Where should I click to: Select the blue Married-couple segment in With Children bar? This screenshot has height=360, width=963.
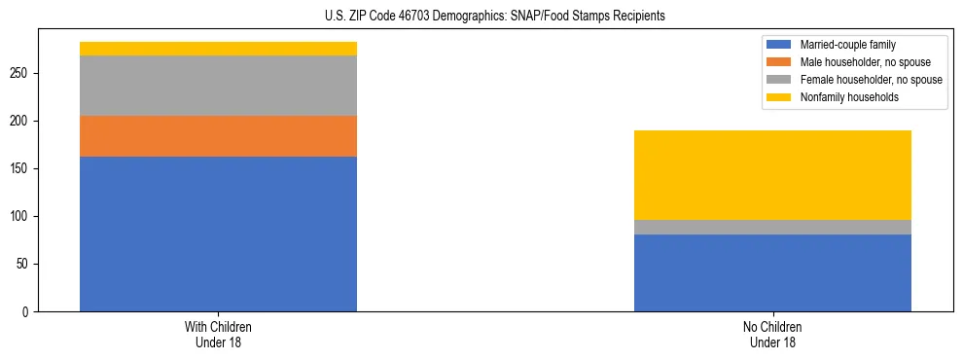pyautogui.click(x=218, y=234)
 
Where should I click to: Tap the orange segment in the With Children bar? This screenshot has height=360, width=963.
pyautogui.click(x=218, y=136)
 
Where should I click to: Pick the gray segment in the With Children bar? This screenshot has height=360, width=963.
pyautogui.click(x=218, y=86)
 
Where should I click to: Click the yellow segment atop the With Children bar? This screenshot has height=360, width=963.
pyautogui.click(x=218, y=49)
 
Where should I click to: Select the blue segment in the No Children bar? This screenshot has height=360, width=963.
pyautogui.click(x=772, y=272)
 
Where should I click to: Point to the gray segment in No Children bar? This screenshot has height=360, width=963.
pyautogui.click(x=772, y=227)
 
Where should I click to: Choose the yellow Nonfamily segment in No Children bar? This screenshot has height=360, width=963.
pyautogui.click(x=772, y=175)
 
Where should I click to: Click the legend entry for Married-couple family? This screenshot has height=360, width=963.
pyautogui.click(x=846, y=45)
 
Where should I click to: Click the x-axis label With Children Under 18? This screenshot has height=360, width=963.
pyautogui.click(x=218, y=334)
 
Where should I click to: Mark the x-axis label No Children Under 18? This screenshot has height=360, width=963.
pyautogui.click(x=772, y=334)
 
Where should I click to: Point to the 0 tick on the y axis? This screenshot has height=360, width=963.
pyautogui.click(x=27, y=311)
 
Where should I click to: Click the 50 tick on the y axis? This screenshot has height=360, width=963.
pyautogui.click(x=24, y=264)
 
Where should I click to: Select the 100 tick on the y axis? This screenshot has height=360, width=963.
pyautogui.click(x=21, y=216)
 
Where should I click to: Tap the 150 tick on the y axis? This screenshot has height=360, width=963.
pyautogui.click(x=21, y=168)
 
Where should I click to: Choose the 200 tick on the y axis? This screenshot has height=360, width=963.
pyautogui.click(x=21, y=121)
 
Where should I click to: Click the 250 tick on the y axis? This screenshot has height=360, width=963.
pyautogui.click(x=21, y=73)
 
